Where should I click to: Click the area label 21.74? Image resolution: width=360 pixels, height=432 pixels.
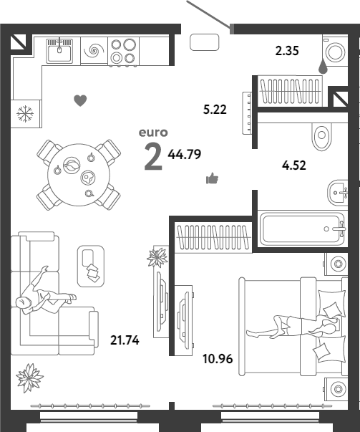point(125,340)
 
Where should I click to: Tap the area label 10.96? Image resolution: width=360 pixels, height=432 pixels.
point(218,359)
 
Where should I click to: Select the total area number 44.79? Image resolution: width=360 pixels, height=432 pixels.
point(185,154)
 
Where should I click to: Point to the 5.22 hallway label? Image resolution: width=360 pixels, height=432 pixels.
point(215,110)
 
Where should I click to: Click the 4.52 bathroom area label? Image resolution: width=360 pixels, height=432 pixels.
point(294,165)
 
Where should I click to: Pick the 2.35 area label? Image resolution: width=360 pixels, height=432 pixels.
point(287,51)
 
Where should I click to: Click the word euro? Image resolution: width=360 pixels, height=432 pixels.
point(153,133)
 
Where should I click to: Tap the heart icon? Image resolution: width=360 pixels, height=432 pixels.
point(80,100)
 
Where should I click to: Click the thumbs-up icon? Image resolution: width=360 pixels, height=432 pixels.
point(212,178)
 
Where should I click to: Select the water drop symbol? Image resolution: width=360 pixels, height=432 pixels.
point(323,67)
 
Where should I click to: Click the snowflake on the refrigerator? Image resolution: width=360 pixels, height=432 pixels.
point(25,113)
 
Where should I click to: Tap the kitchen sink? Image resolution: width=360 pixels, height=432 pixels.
point(59,52)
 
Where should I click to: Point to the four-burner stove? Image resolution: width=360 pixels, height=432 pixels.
point(123,52)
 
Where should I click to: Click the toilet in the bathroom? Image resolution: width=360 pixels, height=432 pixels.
point(321,137)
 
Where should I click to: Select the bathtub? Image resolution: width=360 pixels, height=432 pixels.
point(302,229)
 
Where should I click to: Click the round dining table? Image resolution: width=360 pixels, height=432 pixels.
point(79,175)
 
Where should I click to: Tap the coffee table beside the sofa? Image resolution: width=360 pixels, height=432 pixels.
point(91,266)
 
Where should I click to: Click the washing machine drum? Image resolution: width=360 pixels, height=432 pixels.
point(335,52)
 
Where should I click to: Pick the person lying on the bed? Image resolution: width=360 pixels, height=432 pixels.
point(293,327)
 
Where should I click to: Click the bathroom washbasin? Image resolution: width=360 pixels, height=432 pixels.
point(337,193)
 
